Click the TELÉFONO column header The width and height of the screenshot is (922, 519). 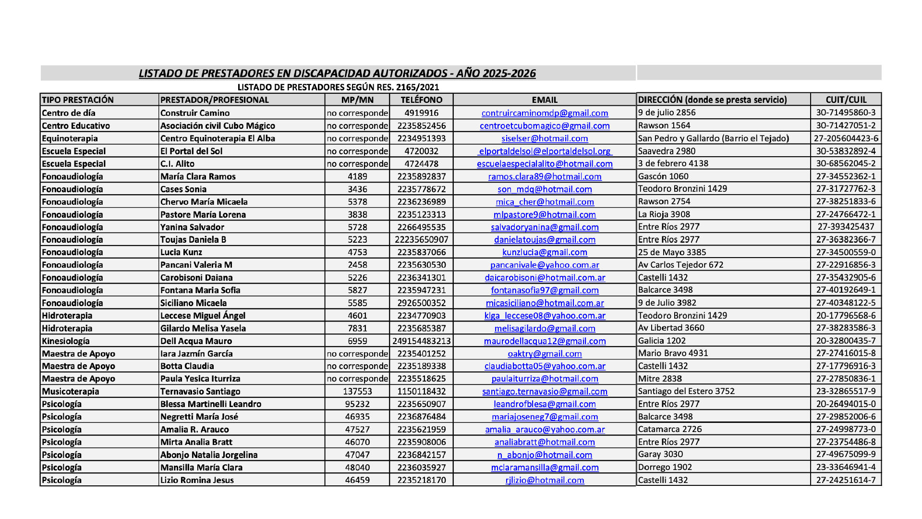(x=421, y=100)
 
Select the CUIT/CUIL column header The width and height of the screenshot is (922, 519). (x=846, y=99)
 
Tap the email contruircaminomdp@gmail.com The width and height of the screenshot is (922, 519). (x=545, y=113)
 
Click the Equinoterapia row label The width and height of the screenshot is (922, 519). (x=70, y=138)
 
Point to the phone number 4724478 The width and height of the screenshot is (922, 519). (x=421, y=164)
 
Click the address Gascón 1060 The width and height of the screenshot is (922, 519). (x=663, y=176)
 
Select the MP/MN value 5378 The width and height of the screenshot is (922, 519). (x=357, y=202)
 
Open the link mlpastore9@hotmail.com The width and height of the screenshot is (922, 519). (x=545, y=215)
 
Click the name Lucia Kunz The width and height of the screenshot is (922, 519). (x=181, y=252)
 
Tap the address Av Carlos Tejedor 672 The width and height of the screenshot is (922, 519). (x=680, y=265)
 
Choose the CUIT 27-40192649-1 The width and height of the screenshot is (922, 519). (x=846, y=290)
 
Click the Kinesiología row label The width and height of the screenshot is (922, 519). (x=66, y=341)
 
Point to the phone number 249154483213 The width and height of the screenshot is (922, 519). (x=421, y=341)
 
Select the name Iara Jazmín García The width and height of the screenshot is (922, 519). (x=196, y=354)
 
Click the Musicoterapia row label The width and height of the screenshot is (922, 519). (x=71, y=391)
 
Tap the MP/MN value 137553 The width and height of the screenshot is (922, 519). (x=357, y=391)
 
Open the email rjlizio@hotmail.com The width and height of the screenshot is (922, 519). (x=545, y=480)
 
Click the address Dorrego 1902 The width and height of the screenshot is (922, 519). (x=665, y=467)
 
